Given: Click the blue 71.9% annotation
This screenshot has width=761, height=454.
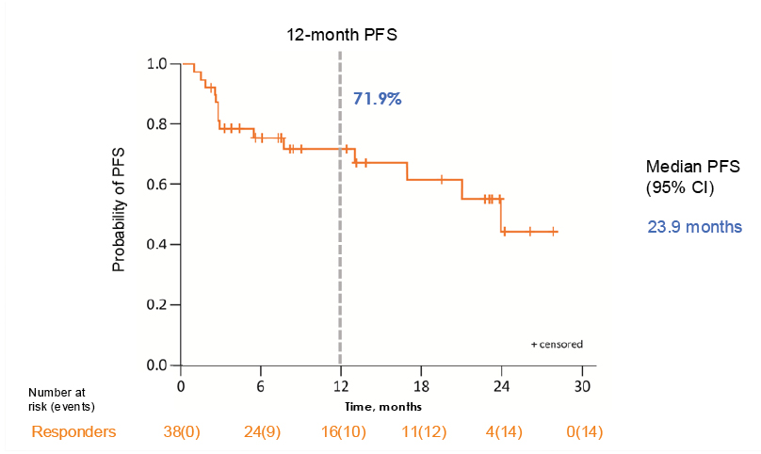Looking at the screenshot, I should pyautogui.click(x=377, y=97).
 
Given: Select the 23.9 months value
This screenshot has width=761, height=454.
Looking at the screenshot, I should pyautogui.click(x=694, y=227).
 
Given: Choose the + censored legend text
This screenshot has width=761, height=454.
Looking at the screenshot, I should pyautogui.click(x=557, y=345).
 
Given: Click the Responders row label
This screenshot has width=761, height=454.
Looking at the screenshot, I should pyautogui.click(x=74, y=431).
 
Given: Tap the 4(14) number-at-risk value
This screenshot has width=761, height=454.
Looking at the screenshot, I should pyautogui.click(x=503, y=431).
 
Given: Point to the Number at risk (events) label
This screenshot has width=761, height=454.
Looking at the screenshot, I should pyautogui.click(x=61, y=398).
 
